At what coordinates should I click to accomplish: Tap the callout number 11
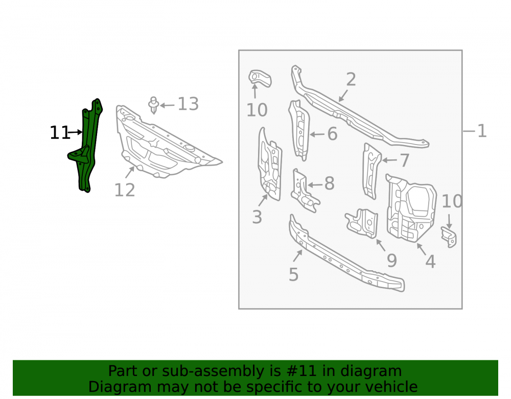coord(60,133)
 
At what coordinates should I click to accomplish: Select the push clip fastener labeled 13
coord(153,105)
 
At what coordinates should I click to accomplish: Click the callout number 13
coord(188,104)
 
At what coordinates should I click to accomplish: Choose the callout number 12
coord(125,190)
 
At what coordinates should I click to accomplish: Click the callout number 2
coord(351,79)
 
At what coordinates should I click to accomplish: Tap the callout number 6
coord(332,134)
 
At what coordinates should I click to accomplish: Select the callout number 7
coord(404,160)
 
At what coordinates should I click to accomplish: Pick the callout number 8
coord(330,183)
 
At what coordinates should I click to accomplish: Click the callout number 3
coord(257,217)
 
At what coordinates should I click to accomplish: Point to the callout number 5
coord(294,274)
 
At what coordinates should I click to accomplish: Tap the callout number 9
coord(392,261)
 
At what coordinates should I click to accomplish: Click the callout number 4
coord(430,262)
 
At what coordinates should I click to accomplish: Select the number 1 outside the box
coord(482,131)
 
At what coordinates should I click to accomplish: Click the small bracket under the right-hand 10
coord(449,237)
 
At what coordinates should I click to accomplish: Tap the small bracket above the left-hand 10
coord(260,79)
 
